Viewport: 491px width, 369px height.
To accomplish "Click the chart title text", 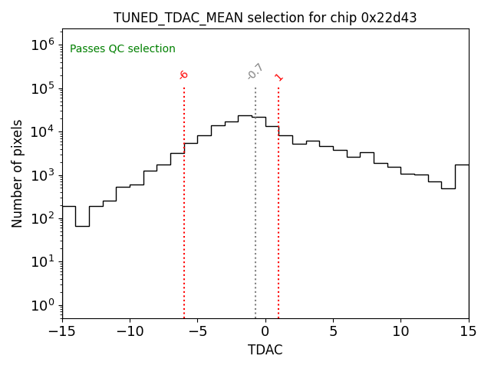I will click(265, 18).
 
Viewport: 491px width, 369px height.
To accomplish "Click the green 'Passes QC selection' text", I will click(123, 49).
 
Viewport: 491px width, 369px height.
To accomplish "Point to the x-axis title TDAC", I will click(265, 350).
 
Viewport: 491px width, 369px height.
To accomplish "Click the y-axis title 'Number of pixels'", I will click(18, 173).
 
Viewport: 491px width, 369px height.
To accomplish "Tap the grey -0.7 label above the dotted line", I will click(255, 71).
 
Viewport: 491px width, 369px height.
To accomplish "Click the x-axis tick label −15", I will click(62, 331).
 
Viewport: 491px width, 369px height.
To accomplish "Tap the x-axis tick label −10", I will click(130, 331).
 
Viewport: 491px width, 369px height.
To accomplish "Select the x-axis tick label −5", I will click(197, 331).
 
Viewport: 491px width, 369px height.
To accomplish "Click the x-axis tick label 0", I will click(265, 331).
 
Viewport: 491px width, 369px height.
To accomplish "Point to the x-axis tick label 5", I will click(333, 331).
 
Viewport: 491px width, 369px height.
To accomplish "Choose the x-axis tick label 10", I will click(400, 331).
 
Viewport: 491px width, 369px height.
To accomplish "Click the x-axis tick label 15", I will click(468, 331).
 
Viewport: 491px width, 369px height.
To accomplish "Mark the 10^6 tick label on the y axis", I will click(43, 45).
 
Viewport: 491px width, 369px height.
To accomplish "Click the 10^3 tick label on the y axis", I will click(43, 175).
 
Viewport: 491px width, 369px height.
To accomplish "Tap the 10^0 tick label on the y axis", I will click(43, 305).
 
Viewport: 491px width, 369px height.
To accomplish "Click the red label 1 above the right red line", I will click(278, 77).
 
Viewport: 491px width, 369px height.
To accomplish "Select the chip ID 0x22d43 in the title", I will click(388, 18).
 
